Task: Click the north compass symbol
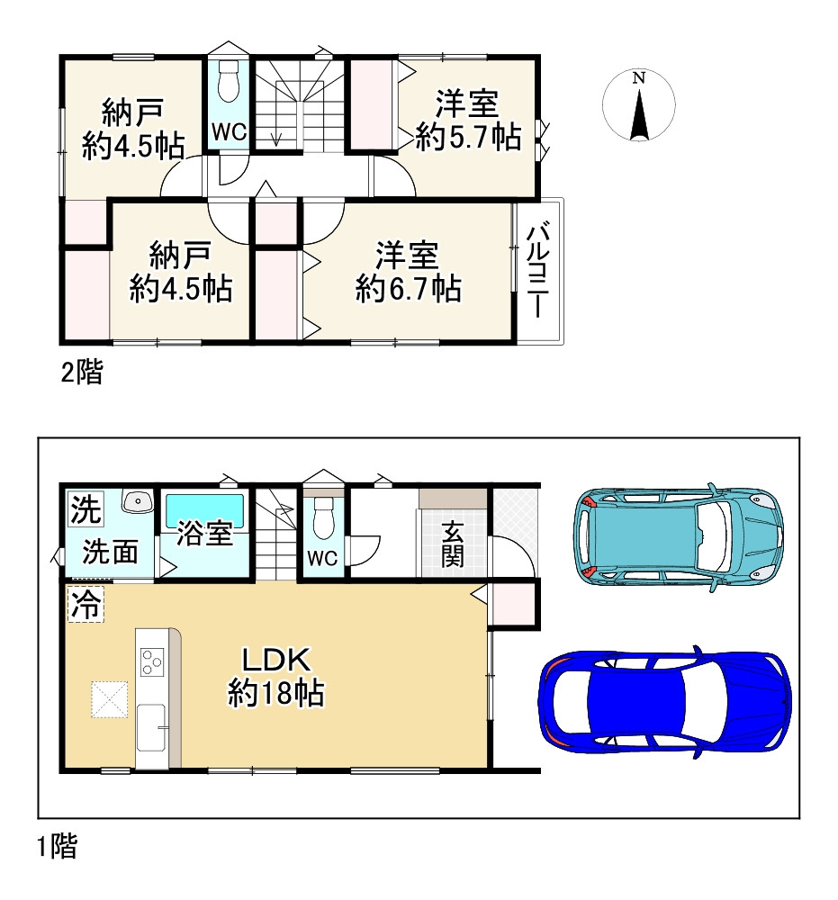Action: [638, 105]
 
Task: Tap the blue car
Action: [664, 702]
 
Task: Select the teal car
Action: [679, 535]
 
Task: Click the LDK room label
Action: [276, 660]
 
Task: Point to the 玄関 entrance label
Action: [452, 545]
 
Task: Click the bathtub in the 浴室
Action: [205, 510]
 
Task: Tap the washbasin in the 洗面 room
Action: [137, 501]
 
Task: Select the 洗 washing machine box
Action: [85, 508]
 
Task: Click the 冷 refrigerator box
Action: [86, 604]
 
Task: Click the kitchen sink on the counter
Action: [151, 727]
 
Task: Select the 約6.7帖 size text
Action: [408, 289]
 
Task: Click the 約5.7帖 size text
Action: [468, 137]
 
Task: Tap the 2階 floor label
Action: [82, 373]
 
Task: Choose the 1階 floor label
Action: [57, 847]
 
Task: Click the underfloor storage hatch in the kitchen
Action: [109, 698]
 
